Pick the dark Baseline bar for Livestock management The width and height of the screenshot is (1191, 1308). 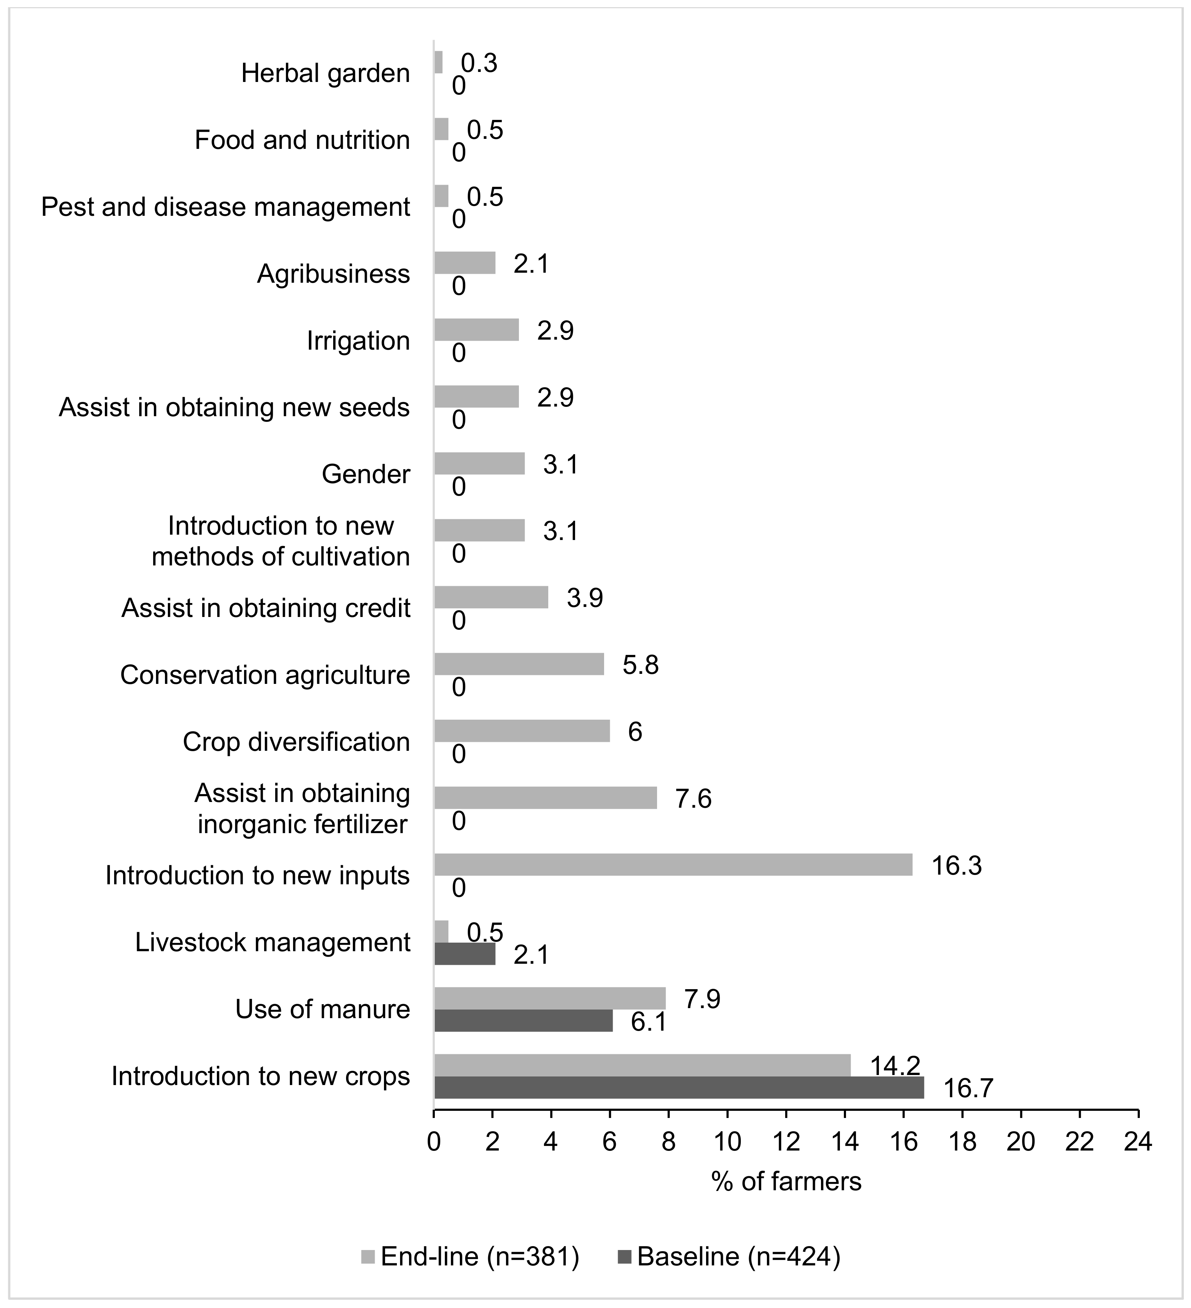coord(465,953)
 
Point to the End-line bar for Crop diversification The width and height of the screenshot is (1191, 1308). coord(521,730)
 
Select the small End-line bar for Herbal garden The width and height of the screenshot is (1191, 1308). coord(438,62)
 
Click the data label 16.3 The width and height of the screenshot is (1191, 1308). coord(956,866)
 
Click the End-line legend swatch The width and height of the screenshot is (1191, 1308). coord(368,1257)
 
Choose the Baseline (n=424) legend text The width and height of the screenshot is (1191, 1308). coord(739,1257)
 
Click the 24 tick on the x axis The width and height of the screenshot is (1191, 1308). coord(1138,1141)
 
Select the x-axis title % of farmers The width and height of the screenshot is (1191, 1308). coord(786,1181)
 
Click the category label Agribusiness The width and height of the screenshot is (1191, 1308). coord(334,274)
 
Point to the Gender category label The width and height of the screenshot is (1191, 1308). coord(366,474)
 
